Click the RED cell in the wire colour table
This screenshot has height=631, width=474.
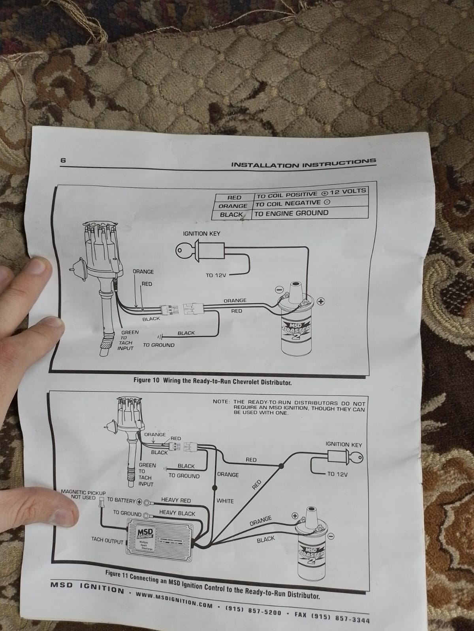tap(234, 198)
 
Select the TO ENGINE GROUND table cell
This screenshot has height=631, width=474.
tap(292, 213)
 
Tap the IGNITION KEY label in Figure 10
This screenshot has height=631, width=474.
tap(201, 233)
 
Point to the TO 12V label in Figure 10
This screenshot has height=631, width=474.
tap(216, 275)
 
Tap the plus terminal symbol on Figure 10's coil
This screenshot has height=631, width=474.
tap(321, 301)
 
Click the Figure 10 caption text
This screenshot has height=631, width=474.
tap(213, 382)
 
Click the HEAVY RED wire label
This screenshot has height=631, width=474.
tap(176, 500)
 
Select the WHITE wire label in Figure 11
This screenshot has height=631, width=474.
tap(225, 501)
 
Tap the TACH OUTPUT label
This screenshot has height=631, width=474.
tap(107, 540)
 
